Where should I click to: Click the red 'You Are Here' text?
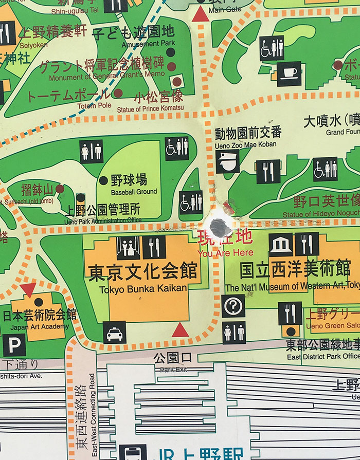tap(226, 252)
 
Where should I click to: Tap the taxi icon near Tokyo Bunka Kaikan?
tap(114, 333)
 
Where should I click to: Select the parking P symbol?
tap(14, 345)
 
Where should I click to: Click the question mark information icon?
tap(233, 306)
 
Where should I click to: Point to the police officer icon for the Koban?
tap(227, 161)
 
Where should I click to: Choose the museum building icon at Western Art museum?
tap(280, 244)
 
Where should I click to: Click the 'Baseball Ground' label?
tap(134, 192)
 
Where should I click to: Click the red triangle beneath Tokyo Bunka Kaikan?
tap(180, 329)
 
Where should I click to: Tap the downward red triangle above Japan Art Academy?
tap(28, 289)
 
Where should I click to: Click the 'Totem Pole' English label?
tap(94, 105)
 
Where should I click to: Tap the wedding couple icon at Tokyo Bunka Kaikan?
tap(128, 248)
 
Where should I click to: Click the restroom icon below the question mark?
tap(234, 332)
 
